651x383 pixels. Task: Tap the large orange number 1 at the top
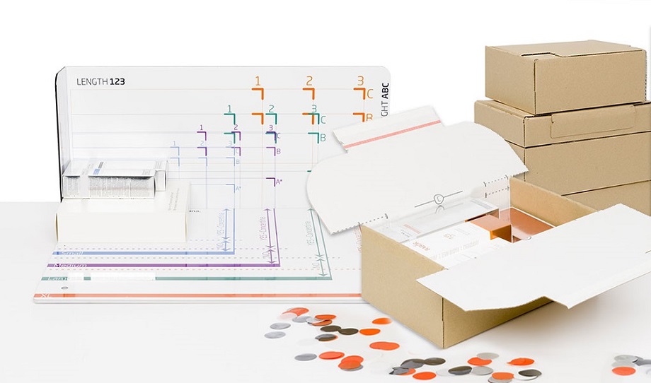pos(258,81)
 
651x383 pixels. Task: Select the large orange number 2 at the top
pos(309,81)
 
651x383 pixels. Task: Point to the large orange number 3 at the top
pos(360,81)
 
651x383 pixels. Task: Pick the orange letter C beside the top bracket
pos(369,94)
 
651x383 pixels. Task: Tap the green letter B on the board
pos(323,138)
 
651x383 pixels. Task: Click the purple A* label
pos(278,182)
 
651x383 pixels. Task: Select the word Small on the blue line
pos(71,252)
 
